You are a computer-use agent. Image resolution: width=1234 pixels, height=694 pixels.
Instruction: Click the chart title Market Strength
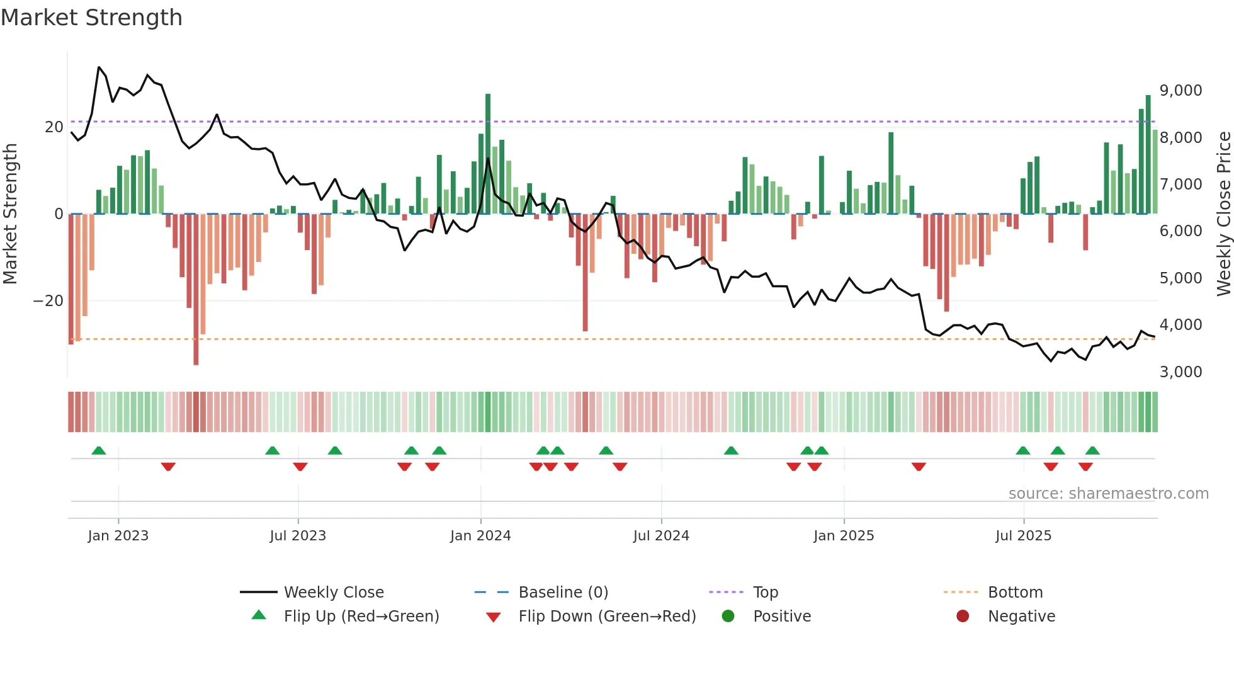(x=91, y=18)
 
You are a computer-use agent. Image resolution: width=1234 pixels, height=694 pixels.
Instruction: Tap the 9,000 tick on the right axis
(x=1180, y=91)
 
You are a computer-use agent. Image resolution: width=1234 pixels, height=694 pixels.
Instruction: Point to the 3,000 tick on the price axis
(x=1180, y=372)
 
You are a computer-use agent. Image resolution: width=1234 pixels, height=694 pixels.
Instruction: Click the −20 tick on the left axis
(x=48, y=301)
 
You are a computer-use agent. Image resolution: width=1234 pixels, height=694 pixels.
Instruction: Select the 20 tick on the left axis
(x=54, y=127)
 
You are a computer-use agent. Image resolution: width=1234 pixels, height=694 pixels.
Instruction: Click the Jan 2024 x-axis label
(x=480, y=536)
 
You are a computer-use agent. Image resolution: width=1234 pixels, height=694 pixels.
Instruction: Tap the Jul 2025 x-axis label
(x=1023, y=536)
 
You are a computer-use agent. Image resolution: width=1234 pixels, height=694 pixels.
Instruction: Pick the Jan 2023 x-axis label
(x=118, y=536)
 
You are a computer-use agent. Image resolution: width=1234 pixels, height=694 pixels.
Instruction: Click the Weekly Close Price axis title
(x=1223, y=214)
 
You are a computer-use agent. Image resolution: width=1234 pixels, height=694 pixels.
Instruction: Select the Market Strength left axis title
(x=10, y=214)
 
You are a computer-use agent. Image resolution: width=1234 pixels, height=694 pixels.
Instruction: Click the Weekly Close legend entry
(x=333, y=593)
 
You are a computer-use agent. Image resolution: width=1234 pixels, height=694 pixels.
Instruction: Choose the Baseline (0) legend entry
(x=563, y=593)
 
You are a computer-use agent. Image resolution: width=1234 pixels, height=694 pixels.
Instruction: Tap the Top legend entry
(x=765, y=593)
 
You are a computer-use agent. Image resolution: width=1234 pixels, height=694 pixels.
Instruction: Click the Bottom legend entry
(x=1015, y=593)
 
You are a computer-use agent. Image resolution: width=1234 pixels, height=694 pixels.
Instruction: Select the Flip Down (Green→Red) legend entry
(x=607, y=617)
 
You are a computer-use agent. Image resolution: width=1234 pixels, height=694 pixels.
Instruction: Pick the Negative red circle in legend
(x=963, y=617)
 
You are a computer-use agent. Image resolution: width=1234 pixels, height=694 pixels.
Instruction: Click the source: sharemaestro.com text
(x=1108, y=494)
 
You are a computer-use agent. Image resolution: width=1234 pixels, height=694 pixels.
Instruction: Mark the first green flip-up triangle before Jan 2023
(x=99, y=451)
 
